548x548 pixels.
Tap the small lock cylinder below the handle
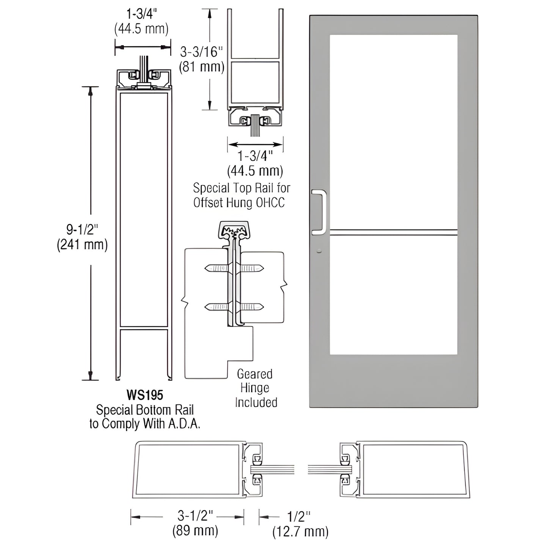(x=319, y=251)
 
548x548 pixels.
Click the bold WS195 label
(x=144, y=395)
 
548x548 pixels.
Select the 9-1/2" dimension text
(x=82, y=229)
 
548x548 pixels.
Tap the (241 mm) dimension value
(x=82, y=245)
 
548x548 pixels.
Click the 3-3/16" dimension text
(x=201, y=51)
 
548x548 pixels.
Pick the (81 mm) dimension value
(x=201, y=67)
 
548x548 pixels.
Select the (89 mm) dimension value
(x=195, y=530)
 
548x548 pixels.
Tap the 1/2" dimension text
(x=300, y=517)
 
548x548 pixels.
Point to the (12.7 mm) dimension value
(x=300, y=532)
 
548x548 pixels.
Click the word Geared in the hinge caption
(x=255, y=374)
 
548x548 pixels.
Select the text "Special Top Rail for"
(x=242, y=188)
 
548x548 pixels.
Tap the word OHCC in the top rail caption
(x=270, y=203)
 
